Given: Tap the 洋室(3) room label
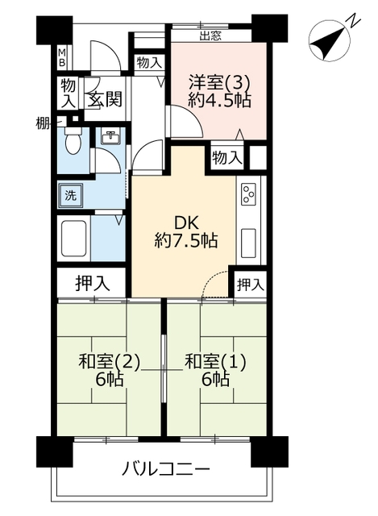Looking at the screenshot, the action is [x=219, y=82].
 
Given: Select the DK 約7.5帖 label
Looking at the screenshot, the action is [x=186, y=232].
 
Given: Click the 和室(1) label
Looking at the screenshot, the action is [x=215, y=361].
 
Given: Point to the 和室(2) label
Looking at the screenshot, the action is [x=110, y=361].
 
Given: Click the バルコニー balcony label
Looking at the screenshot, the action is [x=165, y=468].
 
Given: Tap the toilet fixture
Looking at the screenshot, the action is [x=73, y=140].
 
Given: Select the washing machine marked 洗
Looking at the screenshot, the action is [x=70, y=196].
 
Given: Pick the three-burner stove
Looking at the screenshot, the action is [x=249, y=194].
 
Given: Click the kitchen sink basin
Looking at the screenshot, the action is [x=249, y=243].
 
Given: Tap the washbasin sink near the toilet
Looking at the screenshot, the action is [x=111, y=138].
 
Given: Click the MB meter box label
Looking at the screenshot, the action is [x=62, y=57].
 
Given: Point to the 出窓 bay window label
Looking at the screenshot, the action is [x=210, y=35].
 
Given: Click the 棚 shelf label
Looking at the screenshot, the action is [x=43, y=124].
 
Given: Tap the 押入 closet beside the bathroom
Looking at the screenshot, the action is [x=93, y=283].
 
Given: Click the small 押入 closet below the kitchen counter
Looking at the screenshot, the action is [x=251, y=285].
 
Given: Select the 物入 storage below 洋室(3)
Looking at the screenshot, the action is [x=227, y=158].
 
